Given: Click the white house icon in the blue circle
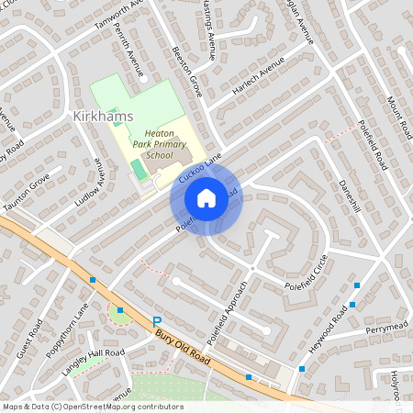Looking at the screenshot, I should (206, 198).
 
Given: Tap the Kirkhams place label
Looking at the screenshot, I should (102, 116).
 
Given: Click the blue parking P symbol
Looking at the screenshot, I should (154, 319).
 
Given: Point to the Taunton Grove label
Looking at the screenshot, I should (27, 195).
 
